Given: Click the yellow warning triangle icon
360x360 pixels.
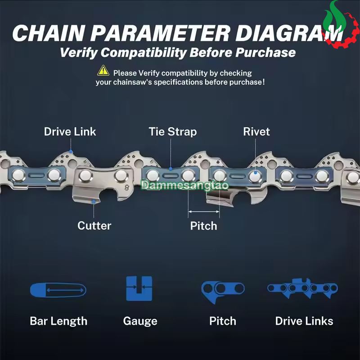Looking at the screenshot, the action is click(103, 71).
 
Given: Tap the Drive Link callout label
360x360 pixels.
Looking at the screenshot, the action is click(70, 131).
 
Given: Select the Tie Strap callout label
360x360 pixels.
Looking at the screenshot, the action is click(173, 132).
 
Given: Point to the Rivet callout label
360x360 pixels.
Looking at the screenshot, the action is click(256, 131).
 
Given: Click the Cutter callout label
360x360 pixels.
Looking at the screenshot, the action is click(94, 225).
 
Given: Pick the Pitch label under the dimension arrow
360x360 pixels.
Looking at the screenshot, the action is click(204, 226).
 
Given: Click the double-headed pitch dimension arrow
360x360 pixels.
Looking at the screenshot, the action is click(204, 211).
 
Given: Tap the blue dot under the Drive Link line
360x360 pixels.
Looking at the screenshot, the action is click(71, 152).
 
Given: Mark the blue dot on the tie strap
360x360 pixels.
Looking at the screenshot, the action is click(171, 169).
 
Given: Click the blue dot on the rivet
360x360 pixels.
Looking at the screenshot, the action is click(255, 173).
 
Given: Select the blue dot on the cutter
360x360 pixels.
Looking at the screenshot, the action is click(94, 202).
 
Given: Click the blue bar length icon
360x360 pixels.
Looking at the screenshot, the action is click(58, 290).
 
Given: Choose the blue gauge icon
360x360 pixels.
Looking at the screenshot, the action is click(139, 288).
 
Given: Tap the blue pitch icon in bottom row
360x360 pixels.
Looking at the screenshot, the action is click(223, 291).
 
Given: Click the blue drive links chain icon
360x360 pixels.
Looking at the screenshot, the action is click(302, 288).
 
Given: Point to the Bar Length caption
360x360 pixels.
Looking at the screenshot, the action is click(58, 321).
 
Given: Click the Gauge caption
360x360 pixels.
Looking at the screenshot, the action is click(140, 321).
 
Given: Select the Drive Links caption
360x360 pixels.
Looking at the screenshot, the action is click(304, 321).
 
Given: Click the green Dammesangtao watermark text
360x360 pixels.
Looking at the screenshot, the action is click(185, 185).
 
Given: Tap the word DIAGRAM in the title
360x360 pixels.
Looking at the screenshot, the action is click(290, 33).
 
